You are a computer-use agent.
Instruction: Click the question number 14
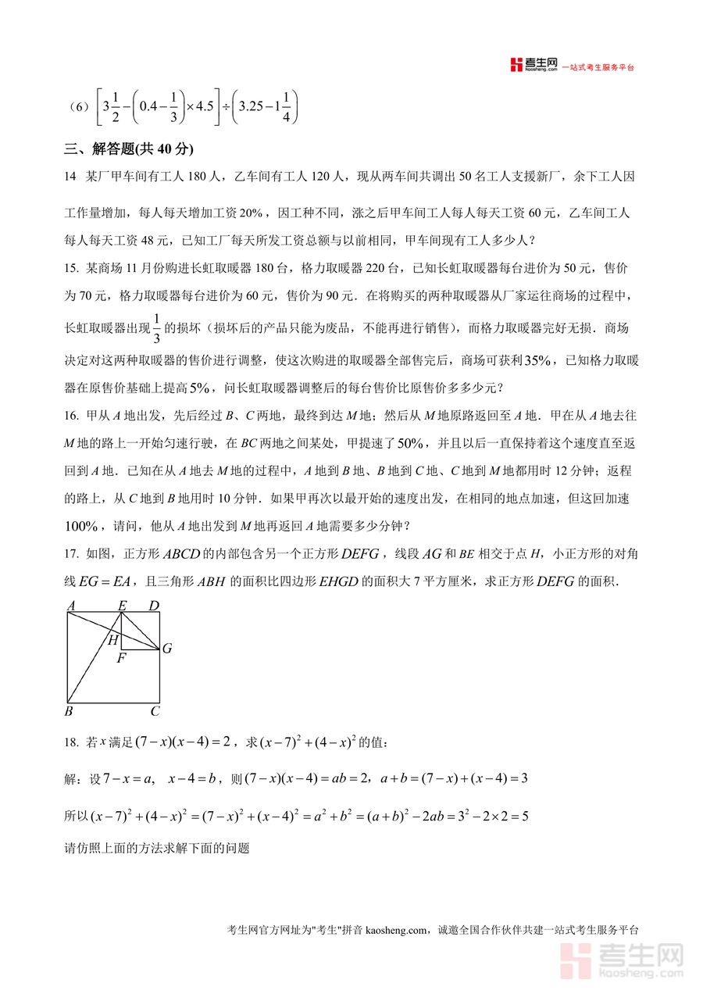pos(70,177)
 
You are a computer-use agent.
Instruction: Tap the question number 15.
pos(71,269)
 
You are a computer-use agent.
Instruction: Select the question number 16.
pos(71,415)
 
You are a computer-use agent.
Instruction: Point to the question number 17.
pos(71,554)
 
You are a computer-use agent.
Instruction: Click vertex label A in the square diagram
pos(71,605)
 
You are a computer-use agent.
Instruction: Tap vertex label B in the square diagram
pos(69,711)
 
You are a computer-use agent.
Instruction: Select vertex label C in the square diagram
pos(155,711)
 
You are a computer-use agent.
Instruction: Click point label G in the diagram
pos(166,649)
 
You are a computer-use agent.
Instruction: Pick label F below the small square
pos(121,658)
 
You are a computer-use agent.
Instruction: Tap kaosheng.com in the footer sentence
pos(396,930)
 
